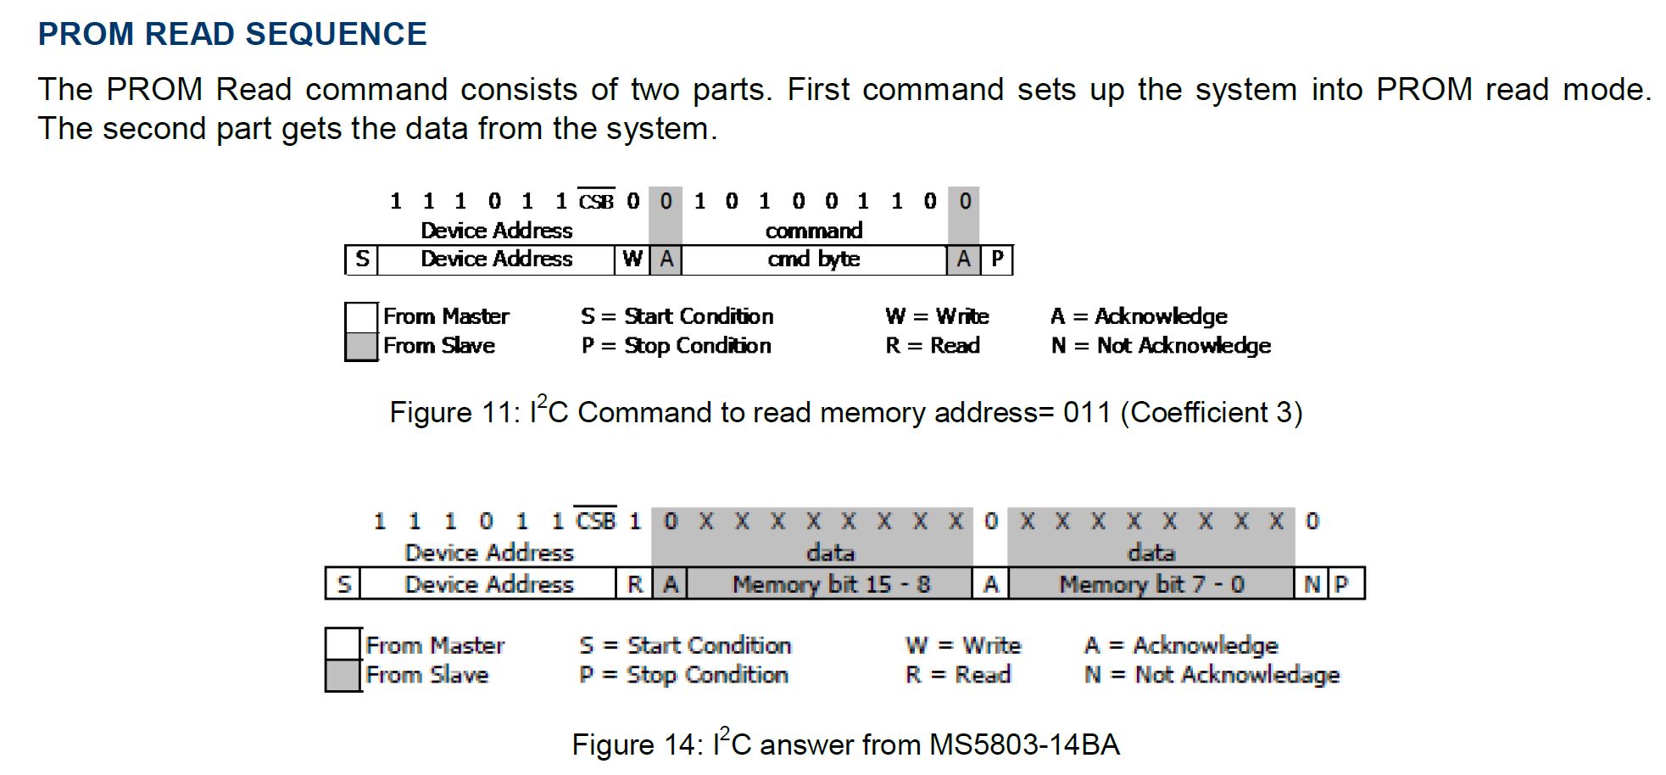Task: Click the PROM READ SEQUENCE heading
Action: click(x=232, y=34)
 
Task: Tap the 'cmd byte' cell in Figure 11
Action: click(x=814, y=259)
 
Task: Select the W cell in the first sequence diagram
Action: click(x=632, y=259)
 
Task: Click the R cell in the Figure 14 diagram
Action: click(x=634, y=584)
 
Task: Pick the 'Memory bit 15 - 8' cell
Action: click(x=830, y=584)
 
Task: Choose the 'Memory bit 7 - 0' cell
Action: click(x=1151, y=584)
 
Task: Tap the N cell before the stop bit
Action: click(x=1311, y=584)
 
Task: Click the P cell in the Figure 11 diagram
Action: click(x=997, y=259)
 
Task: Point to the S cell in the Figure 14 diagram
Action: click(x=343, y=584)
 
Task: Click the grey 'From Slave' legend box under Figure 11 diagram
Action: click(x=361, y=346)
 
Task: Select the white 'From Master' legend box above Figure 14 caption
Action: click(x=343, y=644)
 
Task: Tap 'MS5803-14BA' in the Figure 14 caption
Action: click(x=1024, y=745)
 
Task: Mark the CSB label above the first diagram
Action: click(x=596, y=202)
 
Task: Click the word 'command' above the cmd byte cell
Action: click(x=814, y=231)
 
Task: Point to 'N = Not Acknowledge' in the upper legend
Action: click(x=1161, y=346)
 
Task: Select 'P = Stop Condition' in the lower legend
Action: click(x=683, y=675)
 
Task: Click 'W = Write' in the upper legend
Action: click(x=937, y=316)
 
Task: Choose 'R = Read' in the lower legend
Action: click(x=958, y=675)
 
